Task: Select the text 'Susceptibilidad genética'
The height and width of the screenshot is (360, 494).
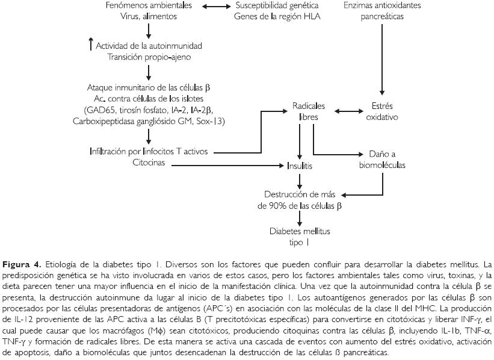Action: click(277, 6)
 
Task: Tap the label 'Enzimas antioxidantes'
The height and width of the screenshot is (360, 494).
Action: click(382, 6)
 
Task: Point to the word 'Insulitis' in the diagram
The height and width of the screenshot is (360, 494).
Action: click(300, 164)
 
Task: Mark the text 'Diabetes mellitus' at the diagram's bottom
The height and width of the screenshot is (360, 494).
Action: click(300, 232)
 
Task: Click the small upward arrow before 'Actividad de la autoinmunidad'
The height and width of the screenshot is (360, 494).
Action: click(90, 43)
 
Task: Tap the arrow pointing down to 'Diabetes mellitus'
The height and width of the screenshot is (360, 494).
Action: click(300, 217)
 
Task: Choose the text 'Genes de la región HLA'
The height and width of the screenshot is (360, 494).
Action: click(277, 17)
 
